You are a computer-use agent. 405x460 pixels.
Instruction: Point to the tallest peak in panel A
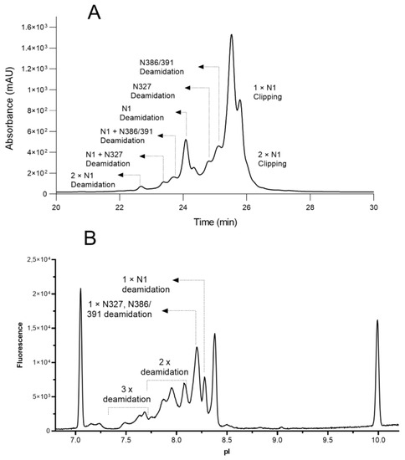pos(232,36)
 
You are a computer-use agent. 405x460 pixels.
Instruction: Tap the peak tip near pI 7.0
pos(80,289)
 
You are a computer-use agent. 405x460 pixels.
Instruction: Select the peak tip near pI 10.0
pos(377,320)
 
